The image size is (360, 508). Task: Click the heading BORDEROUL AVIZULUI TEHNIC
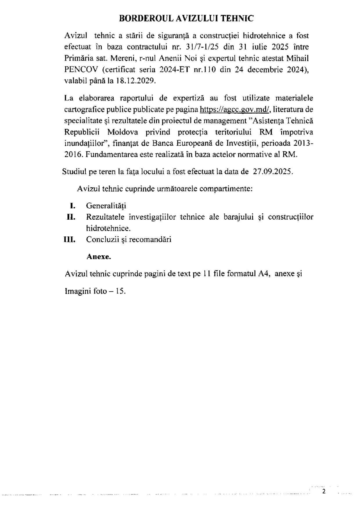coord(186,19)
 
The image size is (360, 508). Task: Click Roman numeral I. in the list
coord(72,206)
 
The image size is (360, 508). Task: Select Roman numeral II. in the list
coord(71,217)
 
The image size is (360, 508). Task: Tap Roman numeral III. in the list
coord(70,240)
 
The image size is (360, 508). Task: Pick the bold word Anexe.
coord(99,257)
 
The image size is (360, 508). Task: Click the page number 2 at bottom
coord(324,491)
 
